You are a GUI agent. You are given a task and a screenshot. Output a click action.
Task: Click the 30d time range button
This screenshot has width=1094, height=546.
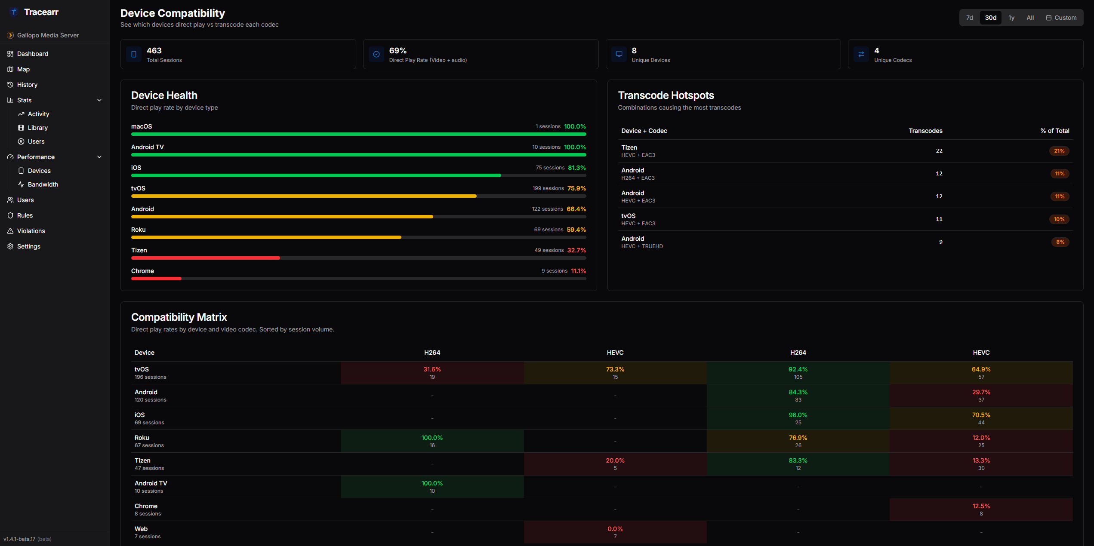pyautogui.click(x=990, y=18)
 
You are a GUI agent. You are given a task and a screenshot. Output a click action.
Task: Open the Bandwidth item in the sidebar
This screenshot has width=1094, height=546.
pyautogui.click(x=43, y=184)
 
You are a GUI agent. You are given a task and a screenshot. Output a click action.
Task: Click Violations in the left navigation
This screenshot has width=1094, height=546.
pyautogui.click(x=31, y=231)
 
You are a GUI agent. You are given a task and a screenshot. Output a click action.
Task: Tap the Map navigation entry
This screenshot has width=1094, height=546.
pyautogui.click(x=23, y=69)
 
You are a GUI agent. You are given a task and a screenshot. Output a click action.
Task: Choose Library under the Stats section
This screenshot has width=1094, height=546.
pyautogui.click(x=37, y=128)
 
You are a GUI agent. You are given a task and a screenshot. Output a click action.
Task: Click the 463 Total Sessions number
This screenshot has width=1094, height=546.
pyautogui.click(x=154, y=51)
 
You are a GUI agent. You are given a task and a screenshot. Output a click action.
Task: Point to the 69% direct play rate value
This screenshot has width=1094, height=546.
pyautogui.click(x=398, y=51)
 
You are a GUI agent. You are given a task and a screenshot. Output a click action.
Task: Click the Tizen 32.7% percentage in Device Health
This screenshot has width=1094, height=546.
pyautogui.click(x=576, y=250)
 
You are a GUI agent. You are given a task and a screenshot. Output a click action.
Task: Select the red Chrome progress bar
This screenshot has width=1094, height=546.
pyautogui.click(x=156, y=279)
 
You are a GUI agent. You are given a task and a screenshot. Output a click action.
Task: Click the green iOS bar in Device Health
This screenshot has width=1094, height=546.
pyautogui.click(x=316, y=175)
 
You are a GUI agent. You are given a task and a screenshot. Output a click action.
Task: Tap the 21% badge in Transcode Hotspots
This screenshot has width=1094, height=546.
pyautogui.click(x=1059, y=151)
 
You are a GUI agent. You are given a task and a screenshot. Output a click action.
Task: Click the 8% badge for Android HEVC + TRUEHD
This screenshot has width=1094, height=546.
pyautogui.click(x=1060, y=242)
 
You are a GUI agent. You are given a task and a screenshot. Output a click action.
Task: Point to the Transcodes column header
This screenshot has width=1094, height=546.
pyautogui.click(x=925, y=131)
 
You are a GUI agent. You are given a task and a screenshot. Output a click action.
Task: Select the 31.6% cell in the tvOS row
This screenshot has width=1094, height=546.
pyautogui.click(x=432, y=372)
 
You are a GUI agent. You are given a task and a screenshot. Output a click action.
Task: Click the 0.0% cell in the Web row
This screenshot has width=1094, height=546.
pyautogui.click(x=615, y=532)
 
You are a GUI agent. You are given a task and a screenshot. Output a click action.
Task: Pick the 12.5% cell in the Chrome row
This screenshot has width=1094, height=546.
pyautogui.click(x=981, y=509)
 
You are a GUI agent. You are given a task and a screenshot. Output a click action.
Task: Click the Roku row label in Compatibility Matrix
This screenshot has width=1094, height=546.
pyautogui.click(x=142, y=438)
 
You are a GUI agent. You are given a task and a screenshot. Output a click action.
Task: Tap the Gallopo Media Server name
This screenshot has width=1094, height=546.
pyautogui.click(x=48, y=35)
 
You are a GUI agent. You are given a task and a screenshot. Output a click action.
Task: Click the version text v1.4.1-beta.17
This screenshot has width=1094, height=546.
pyautogui.click(x=20, y=539)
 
